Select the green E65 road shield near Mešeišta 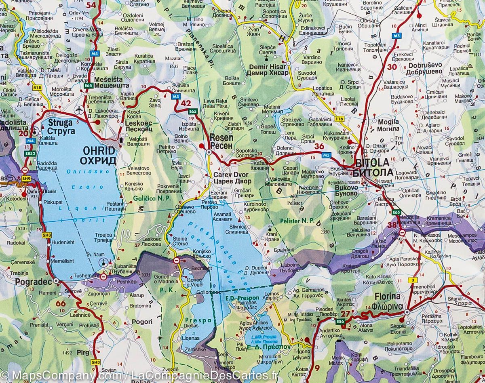89,86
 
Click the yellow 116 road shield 339,119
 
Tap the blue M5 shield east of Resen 327,154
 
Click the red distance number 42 186,103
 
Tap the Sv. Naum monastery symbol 104,263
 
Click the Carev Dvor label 232,178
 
